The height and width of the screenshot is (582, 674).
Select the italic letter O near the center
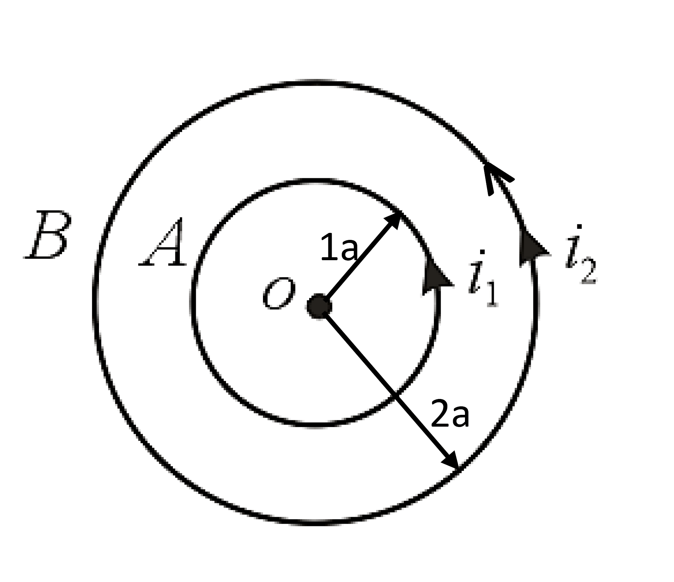coord(279,293)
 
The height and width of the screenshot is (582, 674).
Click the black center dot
coord(319,306)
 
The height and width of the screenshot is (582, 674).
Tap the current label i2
coord(581,254)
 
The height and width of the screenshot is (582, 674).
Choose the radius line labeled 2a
coord(389,388)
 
